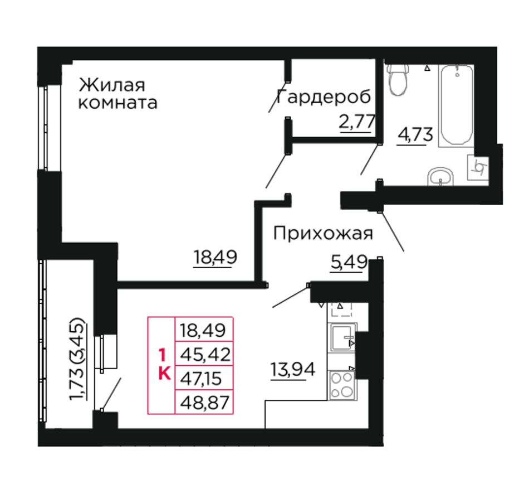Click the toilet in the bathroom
click(398, 79)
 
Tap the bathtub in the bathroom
click(457, 105)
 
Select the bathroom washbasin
click(440, 176)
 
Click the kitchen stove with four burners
click(341, 385)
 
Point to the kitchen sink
click(342, 337)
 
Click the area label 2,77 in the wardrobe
click(357, 122)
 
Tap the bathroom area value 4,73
click(415, 135)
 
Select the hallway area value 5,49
click(349, 262)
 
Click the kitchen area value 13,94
click(293, 369)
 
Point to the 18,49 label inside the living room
click(215, 257)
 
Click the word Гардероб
click(324, 97)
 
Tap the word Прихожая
click(323, 234)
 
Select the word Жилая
click(112, 85)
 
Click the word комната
click(117, 103)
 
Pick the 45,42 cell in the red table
click(204, 354)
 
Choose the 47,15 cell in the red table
click(204, 378)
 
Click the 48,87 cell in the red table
click(204, 402)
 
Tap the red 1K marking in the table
click(164, 365)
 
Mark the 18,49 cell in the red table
click(204, 330)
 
